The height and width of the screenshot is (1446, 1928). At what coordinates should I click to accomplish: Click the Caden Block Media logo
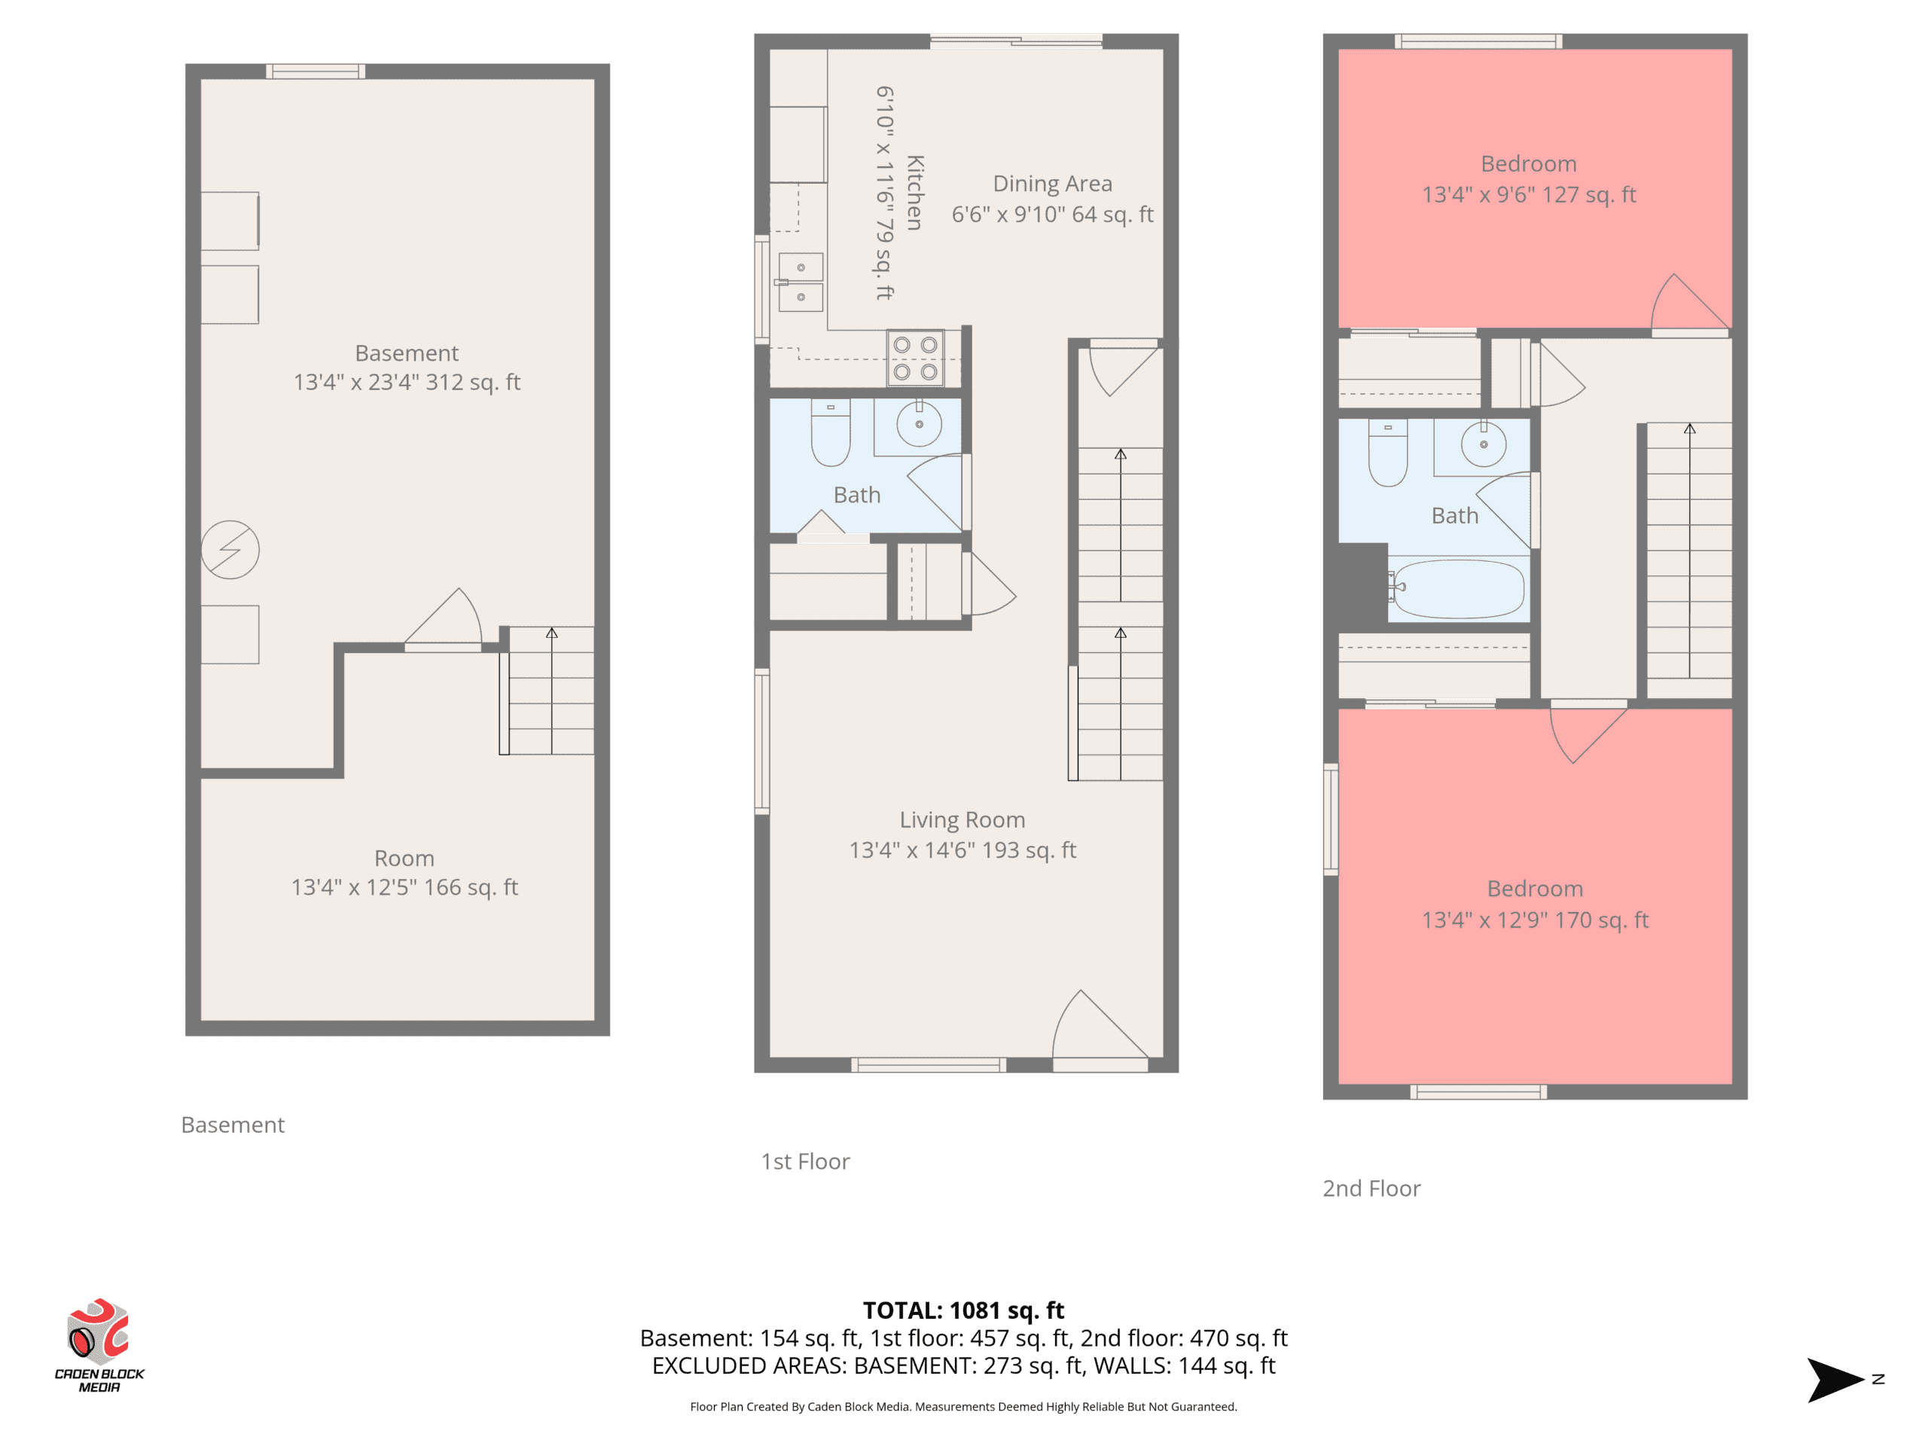coord(99,1345)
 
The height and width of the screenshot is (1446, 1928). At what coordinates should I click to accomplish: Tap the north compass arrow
coord(1835,1380)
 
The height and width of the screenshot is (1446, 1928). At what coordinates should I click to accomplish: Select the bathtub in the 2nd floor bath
coord(1458,589)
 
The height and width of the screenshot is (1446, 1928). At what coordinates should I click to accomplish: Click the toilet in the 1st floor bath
coord(831,432)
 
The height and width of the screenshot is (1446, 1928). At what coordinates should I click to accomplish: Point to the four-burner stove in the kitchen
coord(915,358)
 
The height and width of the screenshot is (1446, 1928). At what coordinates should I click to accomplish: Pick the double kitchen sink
coord(800,282)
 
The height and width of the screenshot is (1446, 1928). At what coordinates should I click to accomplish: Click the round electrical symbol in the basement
coord(230,550)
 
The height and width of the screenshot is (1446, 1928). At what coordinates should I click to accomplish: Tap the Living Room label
coord(962,820)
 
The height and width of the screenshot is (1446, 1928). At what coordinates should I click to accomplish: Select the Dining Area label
coord(1053,184)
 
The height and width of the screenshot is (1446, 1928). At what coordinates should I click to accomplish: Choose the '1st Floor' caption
coord(805,1162)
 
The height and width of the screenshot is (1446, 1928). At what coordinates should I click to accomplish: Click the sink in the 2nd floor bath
coord(1484,444)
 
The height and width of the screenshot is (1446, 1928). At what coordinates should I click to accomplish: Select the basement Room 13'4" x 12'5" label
coord(404,872)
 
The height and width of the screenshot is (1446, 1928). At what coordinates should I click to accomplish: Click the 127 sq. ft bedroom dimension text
coord(1529,194)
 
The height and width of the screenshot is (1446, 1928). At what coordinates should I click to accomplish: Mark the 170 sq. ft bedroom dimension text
coord(1535,920)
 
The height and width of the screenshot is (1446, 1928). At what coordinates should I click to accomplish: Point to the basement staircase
coord(548,691)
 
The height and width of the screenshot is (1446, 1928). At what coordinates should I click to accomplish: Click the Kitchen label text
coord(914,193)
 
